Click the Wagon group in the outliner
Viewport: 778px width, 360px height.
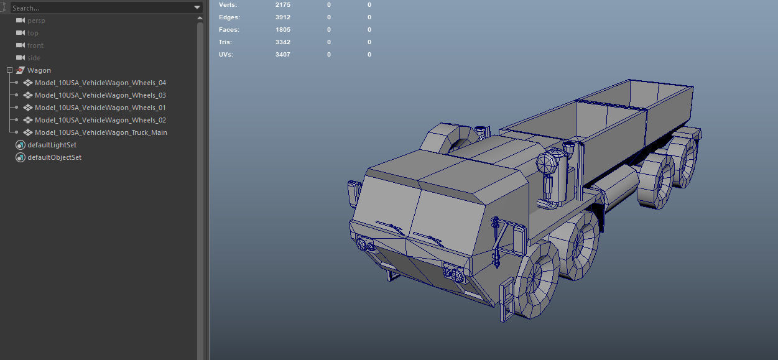[39, 70]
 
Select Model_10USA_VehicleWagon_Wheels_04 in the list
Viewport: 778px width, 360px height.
[100, 83]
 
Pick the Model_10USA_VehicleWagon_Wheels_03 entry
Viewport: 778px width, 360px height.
[100, 95]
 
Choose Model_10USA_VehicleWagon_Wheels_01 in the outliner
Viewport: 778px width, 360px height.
[100, 108]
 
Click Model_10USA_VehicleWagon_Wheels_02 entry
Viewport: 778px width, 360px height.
[100, 120]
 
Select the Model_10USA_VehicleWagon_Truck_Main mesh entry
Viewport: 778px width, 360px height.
[101, 132]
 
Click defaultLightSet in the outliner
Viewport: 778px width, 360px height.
[52, 145]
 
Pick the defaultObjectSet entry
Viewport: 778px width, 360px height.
[54, 157]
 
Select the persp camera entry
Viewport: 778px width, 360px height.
[36, 21]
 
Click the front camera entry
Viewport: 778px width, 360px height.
[35, 45]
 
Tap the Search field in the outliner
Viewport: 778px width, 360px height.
[100, 8]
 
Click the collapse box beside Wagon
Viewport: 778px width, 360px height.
[9, 70]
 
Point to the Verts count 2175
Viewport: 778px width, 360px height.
[283, 5]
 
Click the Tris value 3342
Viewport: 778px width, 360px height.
[283, 42]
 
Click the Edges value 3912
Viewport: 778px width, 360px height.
[283, 17]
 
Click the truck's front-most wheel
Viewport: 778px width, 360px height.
[536, 280]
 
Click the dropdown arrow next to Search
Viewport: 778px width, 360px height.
[197, 8]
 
